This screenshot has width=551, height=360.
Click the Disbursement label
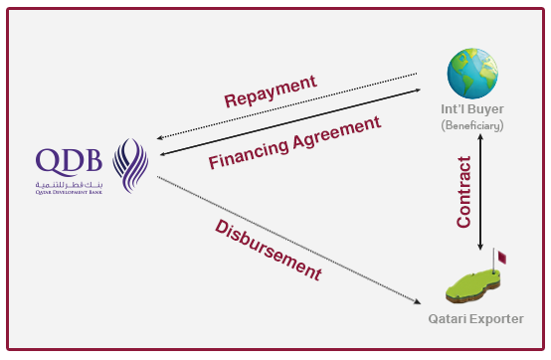tap(268, 248)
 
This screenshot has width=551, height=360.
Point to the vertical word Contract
tap(464, 192)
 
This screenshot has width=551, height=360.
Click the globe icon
tap(472, 71)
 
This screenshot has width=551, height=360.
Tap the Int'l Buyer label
tap(473, 109)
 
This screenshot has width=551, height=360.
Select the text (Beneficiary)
tap(473, 126)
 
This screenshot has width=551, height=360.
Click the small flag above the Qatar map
tap(502, 257)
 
